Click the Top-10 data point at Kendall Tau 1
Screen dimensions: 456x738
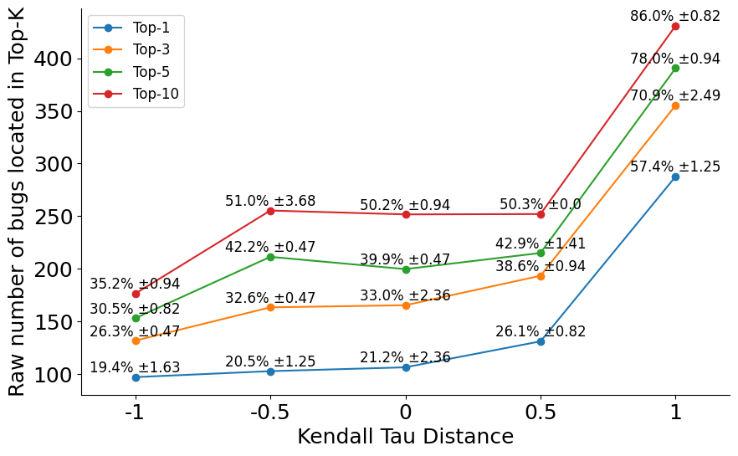[675, 26]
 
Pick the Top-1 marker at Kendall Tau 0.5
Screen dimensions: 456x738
[541, 341]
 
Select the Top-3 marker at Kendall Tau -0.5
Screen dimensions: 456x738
[270, 307]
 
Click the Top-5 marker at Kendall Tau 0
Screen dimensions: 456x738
[406, 269]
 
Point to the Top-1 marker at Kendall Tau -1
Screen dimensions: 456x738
[136, 377]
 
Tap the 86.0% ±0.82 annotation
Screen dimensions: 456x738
[674, 16]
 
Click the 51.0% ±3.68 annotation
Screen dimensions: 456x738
[270, 201]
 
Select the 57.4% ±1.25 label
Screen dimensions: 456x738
[674, 167]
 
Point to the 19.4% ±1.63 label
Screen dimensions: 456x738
[135, 367]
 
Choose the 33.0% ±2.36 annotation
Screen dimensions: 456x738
[405, 295]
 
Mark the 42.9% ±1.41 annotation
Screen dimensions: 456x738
[541, 243]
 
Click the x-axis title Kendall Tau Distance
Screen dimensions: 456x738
[405, 437]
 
